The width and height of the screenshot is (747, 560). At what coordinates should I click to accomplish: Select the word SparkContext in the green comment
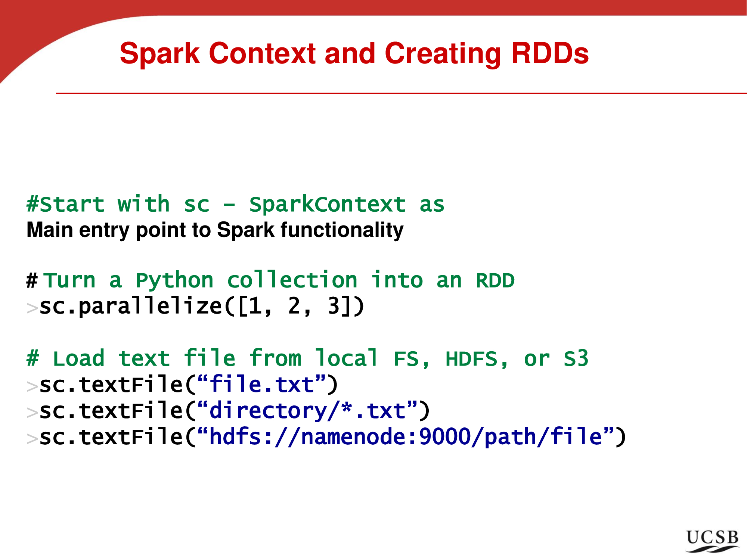coord(327,205)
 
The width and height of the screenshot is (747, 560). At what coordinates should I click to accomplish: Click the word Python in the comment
coord(174,281)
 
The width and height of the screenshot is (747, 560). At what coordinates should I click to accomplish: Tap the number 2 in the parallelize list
coord(294,306)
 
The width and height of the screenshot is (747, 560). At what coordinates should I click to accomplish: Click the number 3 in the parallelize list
coord(334,306)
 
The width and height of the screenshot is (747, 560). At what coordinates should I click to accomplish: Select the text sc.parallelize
coord(131,307)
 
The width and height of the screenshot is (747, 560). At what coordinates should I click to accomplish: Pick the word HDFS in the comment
coord(471,359)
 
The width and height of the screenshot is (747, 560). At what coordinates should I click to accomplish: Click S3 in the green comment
coord(576,359)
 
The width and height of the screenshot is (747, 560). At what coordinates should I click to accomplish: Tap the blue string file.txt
coord(261,385)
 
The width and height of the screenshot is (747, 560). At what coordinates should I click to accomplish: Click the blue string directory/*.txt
coord(307,411)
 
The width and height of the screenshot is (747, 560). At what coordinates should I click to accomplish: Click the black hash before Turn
coord(32,281)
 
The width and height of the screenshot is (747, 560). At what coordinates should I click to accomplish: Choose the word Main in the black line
coord(50,230)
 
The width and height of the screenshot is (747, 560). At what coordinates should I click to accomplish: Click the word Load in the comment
coord(78,359)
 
